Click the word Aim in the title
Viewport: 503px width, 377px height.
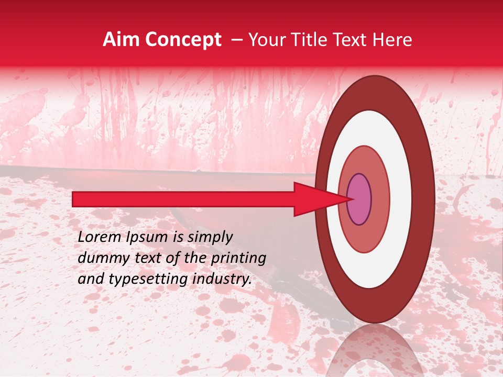point(121,40)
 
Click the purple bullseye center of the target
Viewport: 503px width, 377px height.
point(359,199)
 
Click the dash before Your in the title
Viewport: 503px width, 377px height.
point(236,40)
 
